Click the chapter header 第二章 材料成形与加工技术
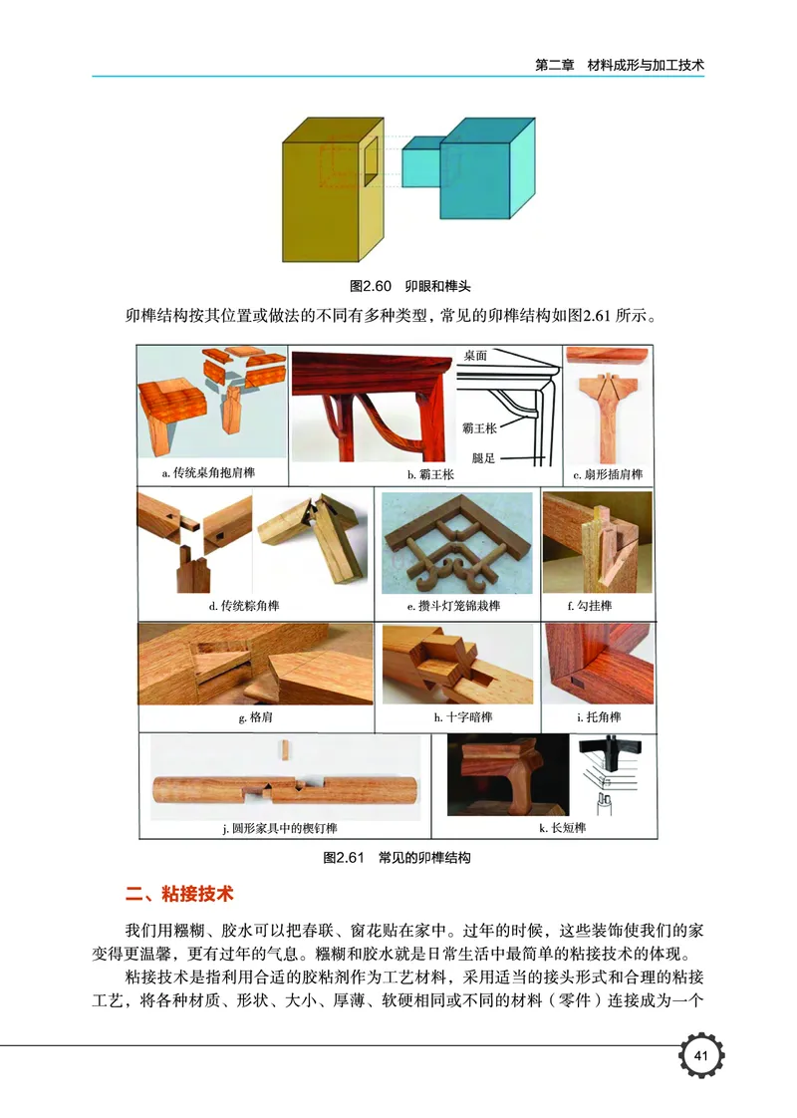tap(619, 65)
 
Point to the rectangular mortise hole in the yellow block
tap(370, 158)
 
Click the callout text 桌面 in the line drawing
tap(475, 356)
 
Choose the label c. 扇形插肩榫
tap(608, 473)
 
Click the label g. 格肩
tap(256, 717)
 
